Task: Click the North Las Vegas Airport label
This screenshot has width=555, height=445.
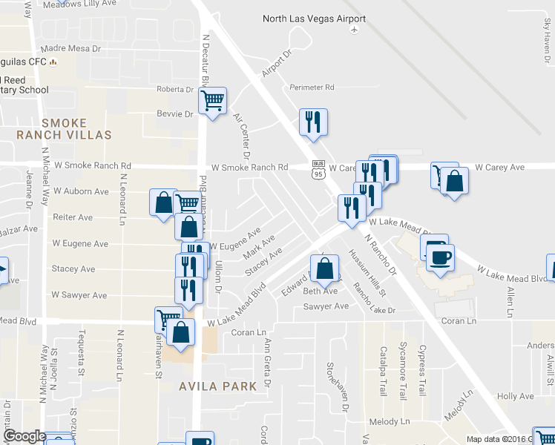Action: [314, 18]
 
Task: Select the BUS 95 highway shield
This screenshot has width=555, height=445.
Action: [318, 170]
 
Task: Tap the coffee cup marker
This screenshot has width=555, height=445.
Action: [441, 257]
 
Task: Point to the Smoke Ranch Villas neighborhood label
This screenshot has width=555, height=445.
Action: [65, 129]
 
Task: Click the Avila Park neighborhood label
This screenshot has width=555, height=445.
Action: [217, 386]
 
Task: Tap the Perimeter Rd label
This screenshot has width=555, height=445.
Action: [312, 88]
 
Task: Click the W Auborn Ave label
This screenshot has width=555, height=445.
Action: [81, 191]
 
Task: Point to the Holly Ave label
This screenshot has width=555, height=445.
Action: [515, 397]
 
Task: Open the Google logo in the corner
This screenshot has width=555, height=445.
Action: [24, 436]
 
